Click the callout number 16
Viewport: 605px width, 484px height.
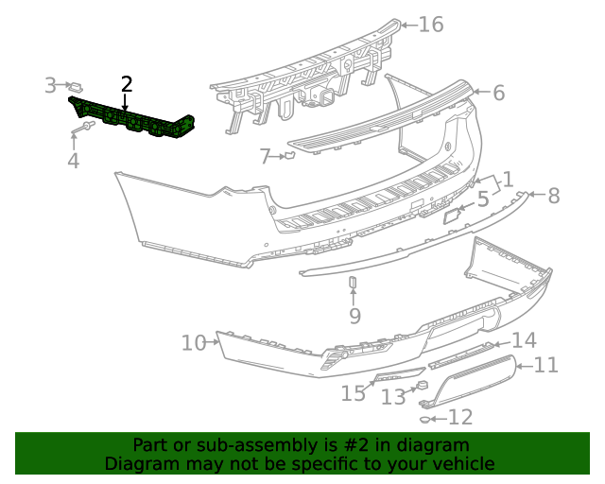(x=430, y=24)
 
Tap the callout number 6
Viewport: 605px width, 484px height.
(x=498, y=93)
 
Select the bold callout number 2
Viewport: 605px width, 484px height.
(x=127, y=84)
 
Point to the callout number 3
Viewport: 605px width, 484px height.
(x=50, y=86)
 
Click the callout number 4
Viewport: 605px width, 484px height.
(x=73, y=162)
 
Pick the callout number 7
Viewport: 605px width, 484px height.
(x=266, y=155)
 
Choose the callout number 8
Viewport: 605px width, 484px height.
(x=553, y=196)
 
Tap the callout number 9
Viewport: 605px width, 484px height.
(x=354, y=315)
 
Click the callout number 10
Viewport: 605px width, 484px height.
(x=193, y=342)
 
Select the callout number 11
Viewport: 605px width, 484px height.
(x=546, y=365)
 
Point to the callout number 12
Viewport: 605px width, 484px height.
(x=459, y=417)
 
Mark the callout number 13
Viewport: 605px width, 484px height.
(x=393, y=397)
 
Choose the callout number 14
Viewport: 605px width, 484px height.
(x=524, y=340)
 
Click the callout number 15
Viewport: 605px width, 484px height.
(x=353, y=393)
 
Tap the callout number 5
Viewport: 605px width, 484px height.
(x=482, y=199)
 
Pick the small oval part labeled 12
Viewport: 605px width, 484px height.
(x=426, y=417)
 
